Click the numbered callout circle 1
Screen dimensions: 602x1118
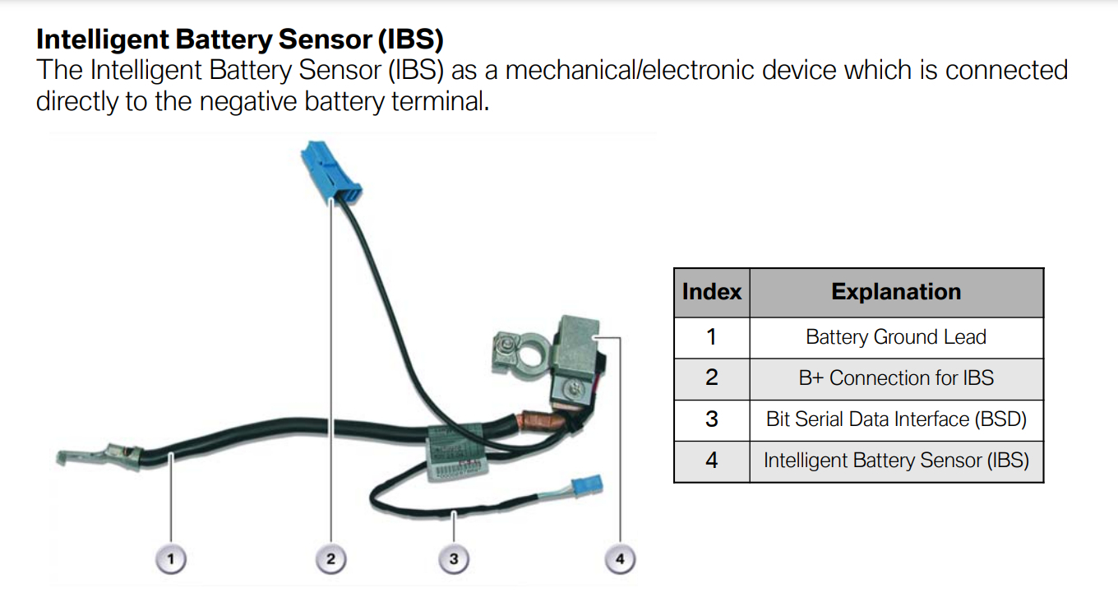(171, 560)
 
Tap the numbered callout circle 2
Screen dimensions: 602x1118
(330, 560)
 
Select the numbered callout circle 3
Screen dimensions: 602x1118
(453, 560)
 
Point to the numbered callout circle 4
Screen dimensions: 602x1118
(620, 560)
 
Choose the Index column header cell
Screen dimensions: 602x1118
(711, 292)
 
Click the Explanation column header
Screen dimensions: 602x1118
(896, 292)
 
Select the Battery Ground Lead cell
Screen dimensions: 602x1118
(896, 337)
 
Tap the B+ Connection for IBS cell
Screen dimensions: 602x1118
(896, 378)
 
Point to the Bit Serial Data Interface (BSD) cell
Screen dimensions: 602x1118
(896, 419)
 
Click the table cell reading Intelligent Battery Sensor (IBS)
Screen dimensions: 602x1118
(896, 461)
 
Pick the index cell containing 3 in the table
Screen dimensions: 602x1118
(711, 419)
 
